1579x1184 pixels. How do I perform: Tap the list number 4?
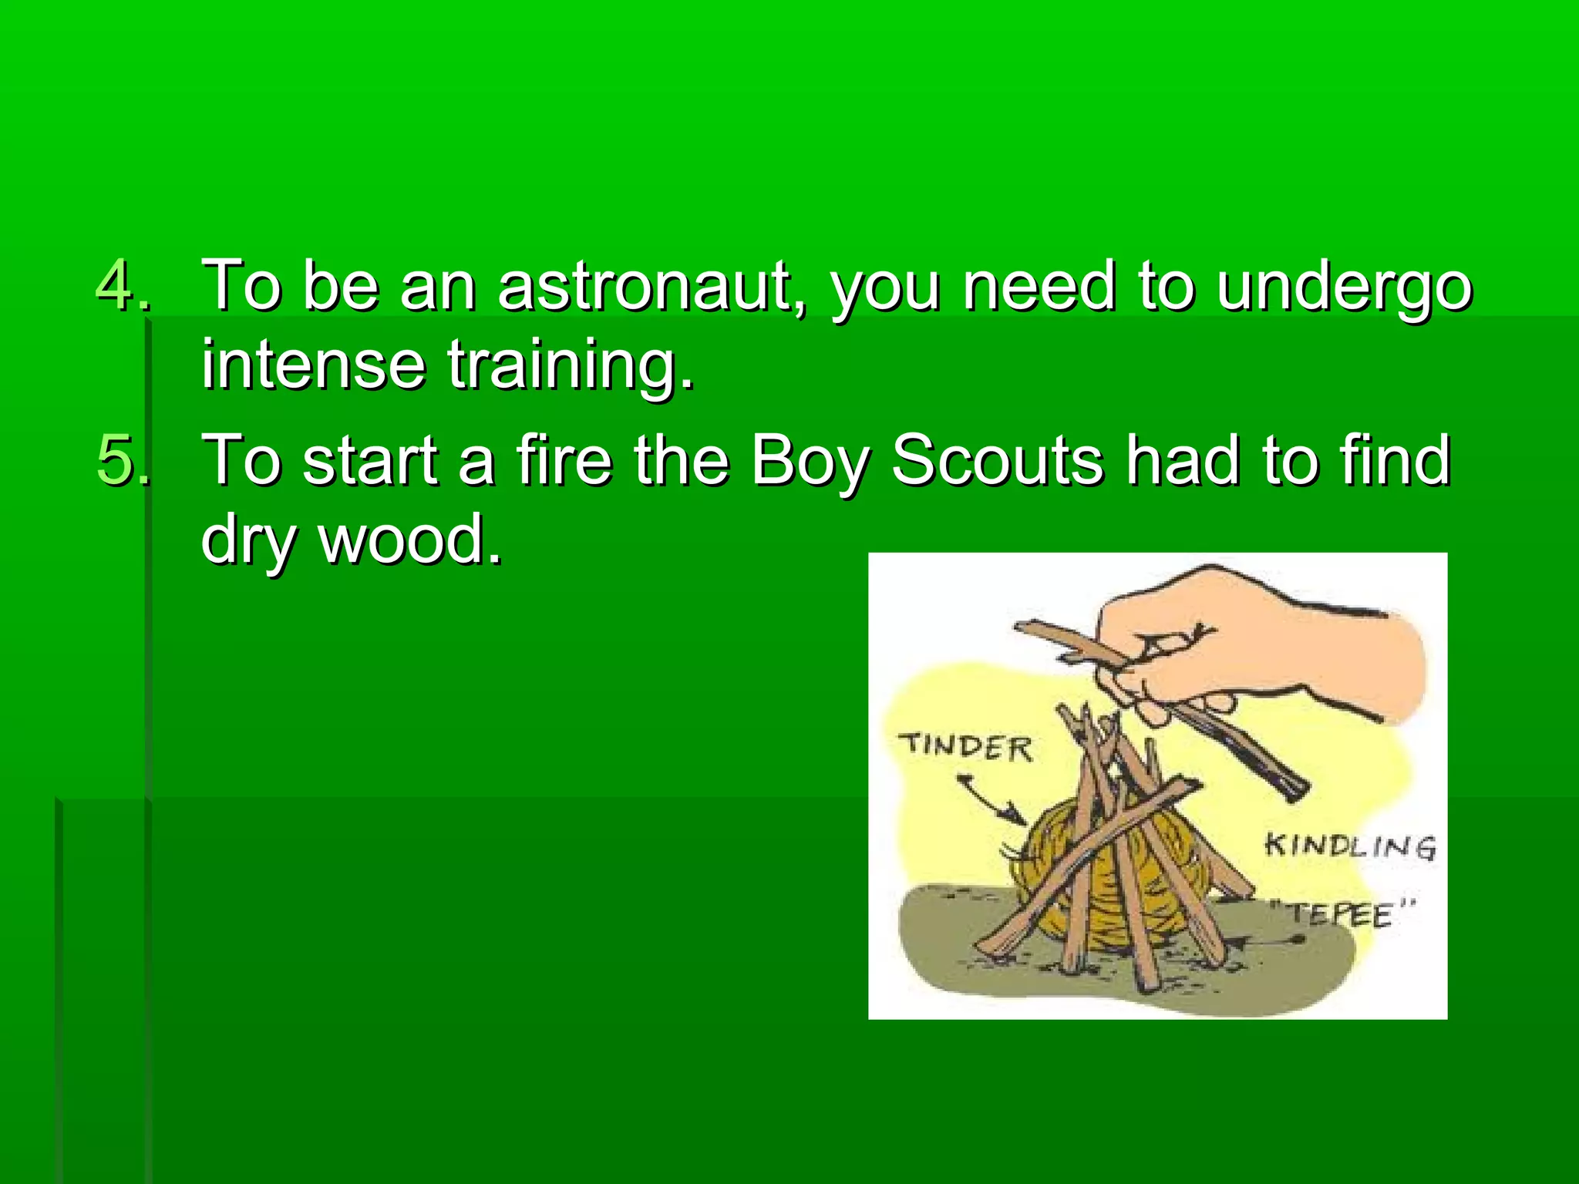click(x=122, y=286)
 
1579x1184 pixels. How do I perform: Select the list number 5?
click(x=122, y=460)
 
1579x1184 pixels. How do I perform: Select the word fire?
click(x=564, y=460)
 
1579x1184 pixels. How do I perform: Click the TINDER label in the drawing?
click(x=965, y=747)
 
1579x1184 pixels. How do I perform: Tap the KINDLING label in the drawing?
click(x=1350, y=846)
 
